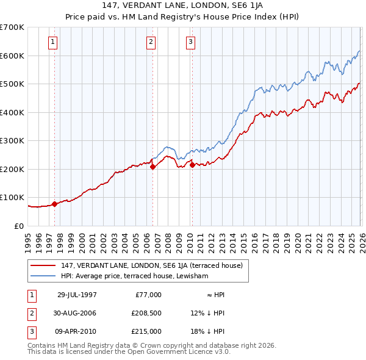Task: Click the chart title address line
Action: pos(182,5)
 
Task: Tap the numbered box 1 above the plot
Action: pos(53,42)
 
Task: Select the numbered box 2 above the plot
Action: pos(151,42)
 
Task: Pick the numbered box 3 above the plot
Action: pos(190,42)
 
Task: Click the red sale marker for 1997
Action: pos(55,204)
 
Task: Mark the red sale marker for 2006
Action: pos(152,167)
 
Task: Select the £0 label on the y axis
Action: pos(18,226)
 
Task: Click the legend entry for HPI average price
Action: pos(134,276)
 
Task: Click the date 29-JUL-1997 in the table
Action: pos(77,295)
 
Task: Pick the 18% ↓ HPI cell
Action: pos(207,331)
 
